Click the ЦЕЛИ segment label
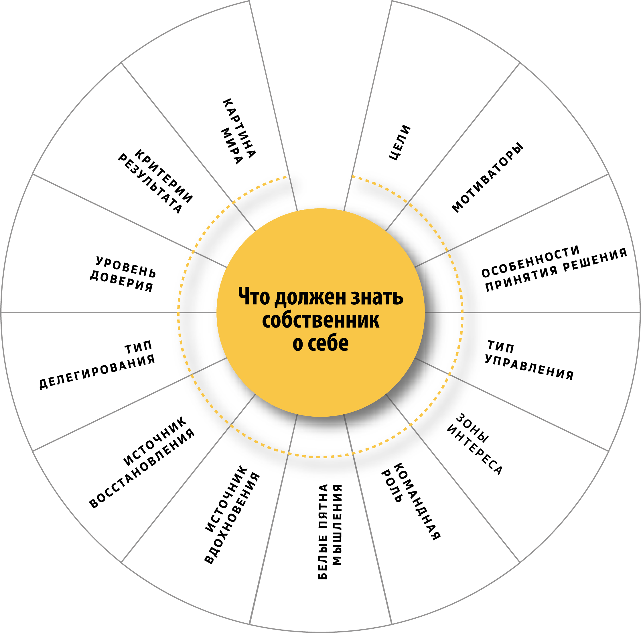pyautogui.click(x=400, y=142)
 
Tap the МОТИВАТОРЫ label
pyautogui.click(x=488, y=178)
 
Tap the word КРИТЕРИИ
pyautogui.click(x=163, y=176)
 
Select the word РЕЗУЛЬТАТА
pyautogui.click(x=150, y=183)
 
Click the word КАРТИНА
pyautogui.click(x=239, y=128)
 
